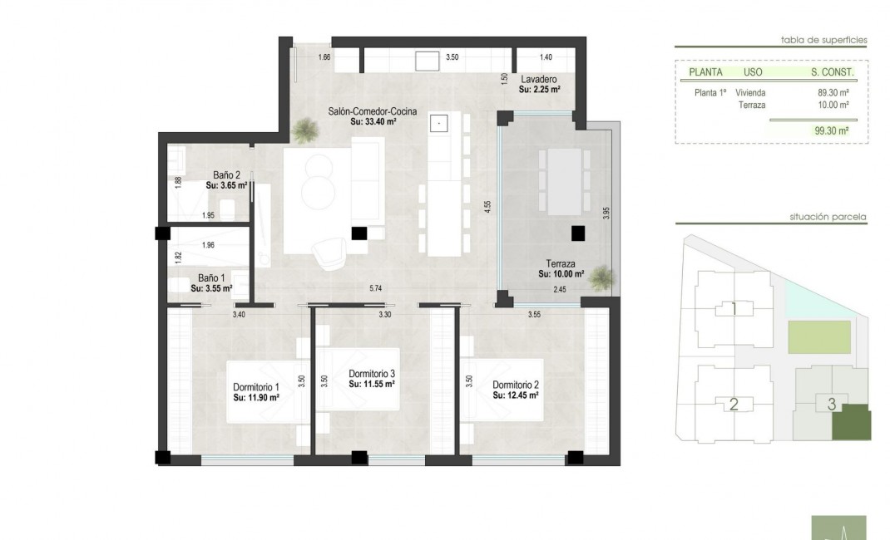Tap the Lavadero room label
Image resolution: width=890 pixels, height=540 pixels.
(x=538, y=81)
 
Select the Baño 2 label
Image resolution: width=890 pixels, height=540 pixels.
(x=226, y=175)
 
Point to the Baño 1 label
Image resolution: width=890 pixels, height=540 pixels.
(x=211, y=278)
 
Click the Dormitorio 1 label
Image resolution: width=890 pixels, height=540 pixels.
(x=255, y=387)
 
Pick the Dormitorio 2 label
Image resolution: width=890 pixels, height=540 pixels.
(x=516, y=385)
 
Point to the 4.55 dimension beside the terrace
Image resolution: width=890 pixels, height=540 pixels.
(x=488, y=208)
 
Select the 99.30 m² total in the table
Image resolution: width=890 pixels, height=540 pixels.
(x=831, y=130)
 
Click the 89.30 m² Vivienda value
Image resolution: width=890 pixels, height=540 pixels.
(x=833, y=93)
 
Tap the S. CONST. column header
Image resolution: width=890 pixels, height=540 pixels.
(x=833, y=72)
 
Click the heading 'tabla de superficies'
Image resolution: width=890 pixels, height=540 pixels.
(x=823, y=39)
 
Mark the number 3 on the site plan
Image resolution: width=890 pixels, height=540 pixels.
(x=831, y=405)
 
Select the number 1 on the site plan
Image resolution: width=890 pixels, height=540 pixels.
(x=734, y=309)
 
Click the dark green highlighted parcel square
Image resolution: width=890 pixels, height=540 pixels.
(x=850, y=422)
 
